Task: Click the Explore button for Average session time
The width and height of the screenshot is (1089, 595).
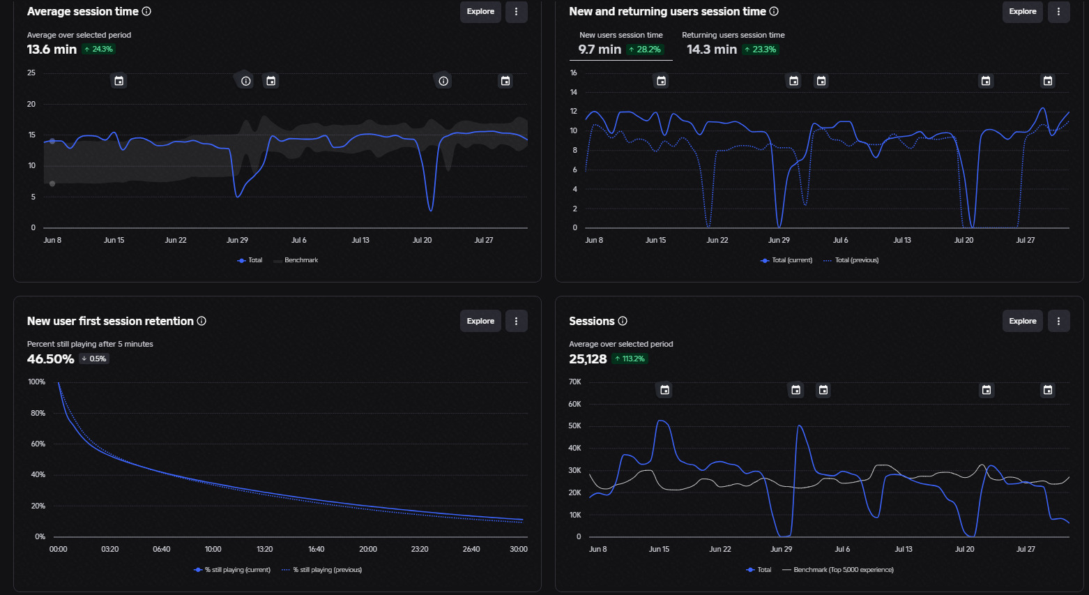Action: tap(480, 11)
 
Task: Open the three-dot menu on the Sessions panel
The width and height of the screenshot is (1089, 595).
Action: tap(1058, 321)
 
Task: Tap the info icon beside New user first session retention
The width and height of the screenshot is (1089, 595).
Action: tap(201, 321)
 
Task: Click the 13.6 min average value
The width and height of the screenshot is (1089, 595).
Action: tap(52, 49)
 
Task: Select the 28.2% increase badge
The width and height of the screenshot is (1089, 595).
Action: tap(645, 49)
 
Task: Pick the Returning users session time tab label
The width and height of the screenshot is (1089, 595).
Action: tap(733, 35)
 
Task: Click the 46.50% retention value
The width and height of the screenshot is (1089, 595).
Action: tap(51, 359)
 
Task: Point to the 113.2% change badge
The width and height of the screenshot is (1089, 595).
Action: tap(630, 359)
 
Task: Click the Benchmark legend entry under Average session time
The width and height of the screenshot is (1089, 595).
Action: tap(296, 260)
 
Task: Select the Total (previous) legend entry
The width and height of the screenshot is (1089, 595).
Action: tap(851, 260)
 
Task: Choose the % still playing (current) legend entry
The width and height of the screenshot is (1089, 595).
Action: tap(232, 570)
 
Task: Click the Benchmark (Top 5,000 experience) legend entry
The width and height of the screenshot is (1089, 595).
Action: tap(837, 570)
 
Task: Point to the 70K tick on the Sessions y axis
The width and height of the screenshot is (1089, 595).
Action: tap(574, 382)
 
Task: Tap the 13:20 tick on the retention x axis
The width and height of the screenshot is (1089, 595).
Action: tap(264, 549)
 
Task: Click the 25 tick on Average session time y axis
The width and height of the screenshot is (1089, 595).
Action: tap(31, 73)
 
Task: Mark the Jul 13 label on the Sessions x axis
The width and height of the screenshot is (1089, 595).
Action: tap(904, 549)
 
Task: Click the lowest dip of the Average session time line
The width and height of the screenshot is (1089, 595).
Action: tap(431, 210)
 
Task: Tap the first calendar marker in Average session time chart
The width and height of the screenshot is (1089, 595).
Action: tap(119, 81)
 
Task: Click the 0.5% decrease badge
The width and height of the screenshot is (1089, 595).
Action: tap(94, 359)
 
